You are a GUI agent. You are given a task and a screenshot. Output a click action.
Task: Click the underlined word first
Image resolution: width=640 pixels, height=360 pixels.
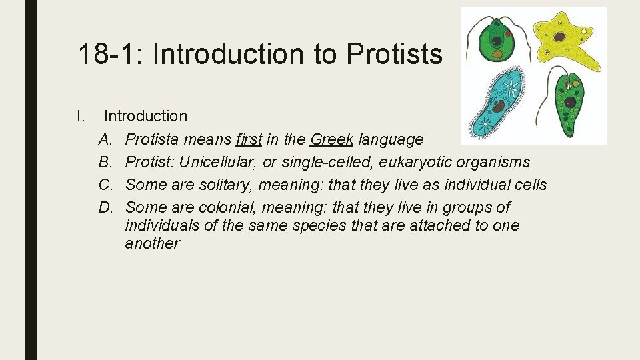pos(249,139)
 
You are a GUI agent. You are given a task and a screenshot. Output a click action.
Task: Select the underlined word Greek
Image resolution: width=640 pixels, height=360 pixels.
pos(331,139)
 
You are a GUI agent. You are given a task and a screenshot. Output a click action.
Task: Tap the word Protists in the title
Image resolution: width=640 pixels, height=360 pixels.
pos(394,54)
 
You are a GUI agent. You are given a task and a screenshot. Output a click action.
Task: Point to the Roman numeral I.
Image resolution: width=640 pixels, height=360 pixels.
pos(80,116)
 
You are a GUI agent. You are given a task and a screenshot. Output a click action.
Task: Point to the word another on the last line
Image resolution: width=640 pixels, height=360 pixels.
pos(152,243)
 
